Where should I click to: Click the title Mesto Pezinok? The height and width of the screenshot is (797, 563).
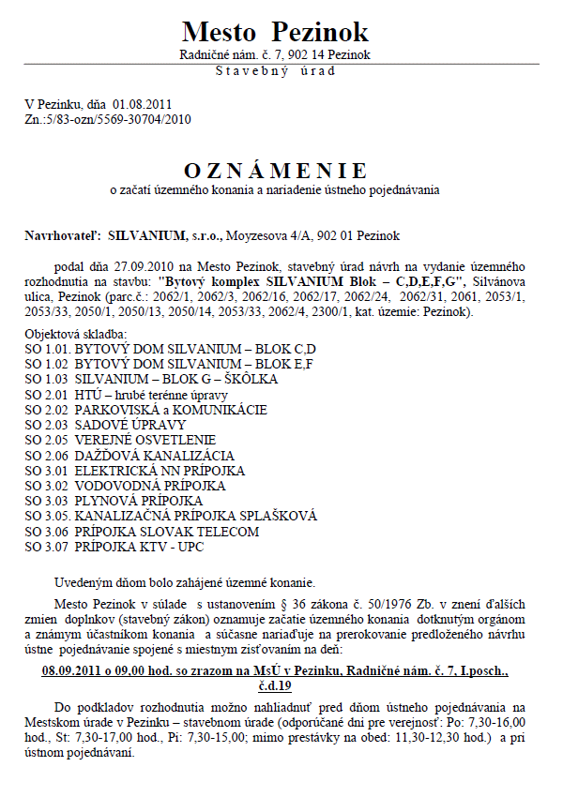pos(275,32)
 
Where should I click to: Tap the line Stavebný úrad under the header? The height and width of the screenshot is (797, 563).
pos(275,69)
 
